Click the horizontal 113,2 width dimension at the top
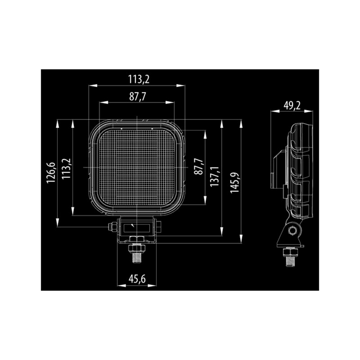(x=139, y=80)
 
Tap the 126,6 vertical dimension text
(x=50, y=173)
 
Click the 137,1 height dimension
(x=215, y=177)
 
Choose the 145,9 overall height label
(x=234, y=183)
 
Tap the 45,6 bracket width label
(x=137, y=279)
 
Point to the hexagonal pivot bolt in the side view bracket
(x=292, y=231)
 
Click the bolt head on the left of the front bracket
(x=111, y=227)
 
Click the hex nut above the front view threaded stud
(x=136, y=248)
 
